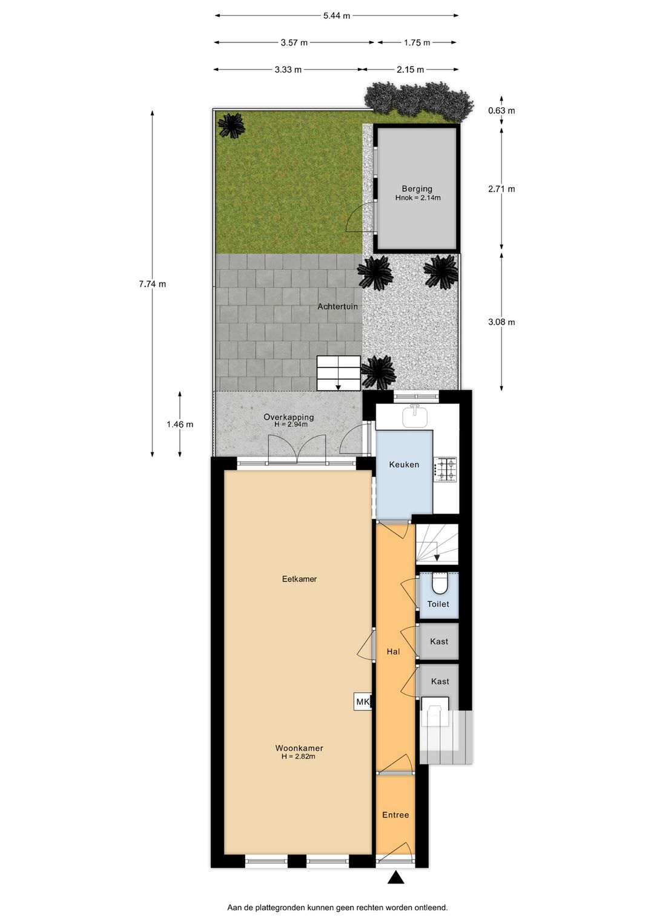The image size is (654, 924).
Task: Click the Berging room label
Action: point(417,189)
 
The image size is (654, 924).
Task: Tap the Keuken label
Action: point(404,464)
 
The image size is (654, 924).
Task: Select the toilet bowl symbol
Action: point(439,584)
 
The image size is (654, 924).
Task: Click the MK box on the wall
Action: point(363,702)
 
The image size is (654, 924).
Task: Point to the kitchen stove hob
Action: point(448,469)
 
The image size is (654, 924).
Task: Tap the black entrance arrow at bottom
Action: point(396,877)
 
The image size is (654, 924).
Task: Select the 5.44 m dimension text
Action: point(336,16)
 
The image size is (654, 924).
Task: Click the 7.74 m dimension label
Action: point(152,284)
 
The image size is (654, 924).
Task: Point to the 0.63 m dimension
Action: point(501,110)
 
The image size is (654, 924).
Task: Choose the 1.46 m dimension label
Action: point(180,424)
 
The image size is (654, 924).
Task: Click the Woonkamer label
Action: point(299,748)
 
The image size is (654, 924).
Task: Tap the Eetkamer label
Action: point(299,579)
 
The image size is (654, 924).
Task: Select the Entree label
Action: point(395,815)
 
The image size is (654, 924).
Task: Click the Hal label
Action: point(394,652)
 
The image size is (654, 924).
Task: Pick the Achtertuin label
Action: point(337,306)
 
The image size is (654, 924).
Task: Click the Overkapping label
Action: point(289,417)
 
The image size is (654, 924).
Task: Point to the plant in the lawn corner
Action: point(231,125)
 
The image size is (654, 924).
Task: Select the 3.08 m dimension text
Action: point(501,322)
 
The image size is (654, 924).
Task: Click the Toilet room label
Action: point(438,604)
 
